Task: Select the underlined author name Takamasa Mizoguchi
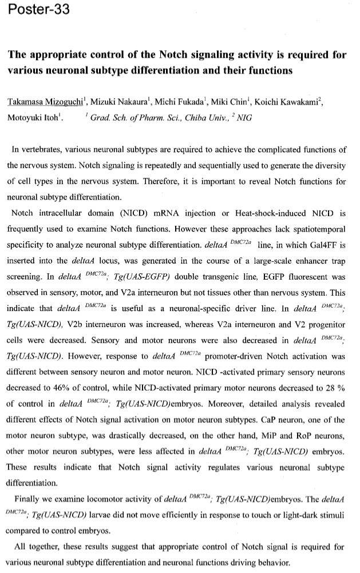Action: (38, 102)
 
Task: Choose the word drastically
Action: (119, 435)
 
